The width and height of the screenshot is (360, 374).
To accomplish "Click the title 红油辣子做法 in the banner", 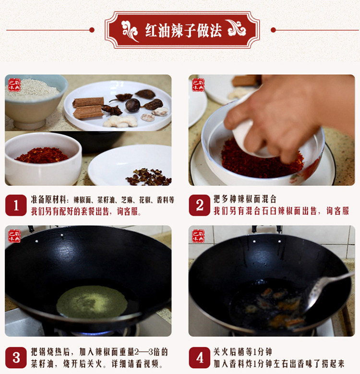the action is [x=183, y=31].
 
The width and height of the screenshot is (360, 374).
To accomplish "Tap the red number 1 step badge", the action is [x=16, y=205].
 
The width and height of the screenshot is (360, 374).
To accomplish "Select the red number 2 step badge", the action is [x=200, y=205].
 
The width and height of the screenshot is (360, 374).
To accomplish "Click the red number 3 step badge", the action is [x=16, y=357].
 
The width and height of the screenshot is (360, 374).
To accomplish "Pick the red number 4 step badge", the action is [x=200, y=357].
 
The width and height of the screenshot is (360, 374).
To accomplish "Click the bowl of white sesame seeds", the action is [x=34, y=100].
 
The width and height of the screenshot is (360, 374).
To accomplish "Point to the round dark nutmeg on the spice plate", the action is [x=133, y=105].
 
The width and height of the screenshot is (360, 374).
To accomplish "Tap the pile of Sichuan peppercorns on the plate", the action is [x=148, y=177].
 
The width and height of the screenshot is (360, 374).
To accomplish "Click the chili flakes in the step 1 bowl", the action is [x=42, y=155].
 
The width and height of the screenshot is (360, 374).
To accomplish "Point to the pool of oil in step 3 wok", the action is [x=92, y=302].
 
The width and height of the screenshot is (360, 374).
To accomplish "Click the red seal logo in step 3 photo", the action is [x=14, y=236].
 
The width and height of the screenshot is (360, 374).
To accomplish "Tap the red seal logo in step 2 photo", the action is [x=198, y=85].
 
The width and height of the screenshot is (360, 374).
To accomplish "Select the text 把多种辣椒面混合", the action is [x=245, y=199].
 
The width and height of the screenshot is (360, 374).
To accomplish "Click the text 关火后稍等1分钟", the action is [x=243, y=351].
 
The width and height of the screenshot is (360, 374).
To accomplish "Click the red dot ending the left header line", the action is [x=92, y=30].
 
